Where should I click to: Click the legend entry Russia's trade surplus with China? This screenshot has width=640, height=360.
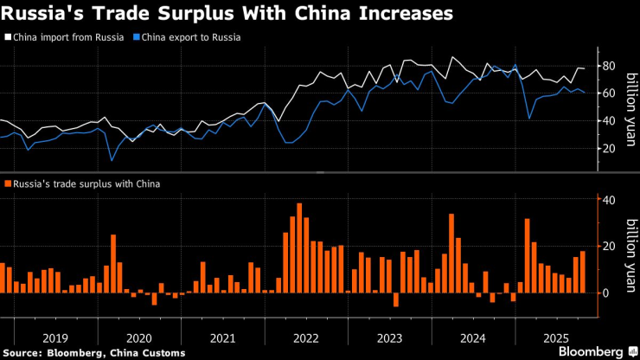click(x=86, y=183)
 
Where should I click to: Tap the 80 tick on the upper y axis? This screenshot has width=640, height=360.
click(x=608, y=66)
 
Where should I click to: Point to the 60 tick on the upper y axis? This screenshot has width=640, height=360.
click(x=608, y=93)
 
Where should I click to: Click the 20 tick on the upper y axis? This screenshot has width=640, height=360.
click(x=608, y=148)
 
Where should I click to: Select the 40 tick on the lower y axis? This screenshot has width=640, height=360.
click(x=608, y=200)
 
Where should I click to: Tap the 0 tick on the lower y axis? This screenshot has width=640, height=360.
click(x=605, y=292)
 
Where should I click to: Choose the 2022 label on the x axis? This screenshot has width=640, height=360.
click(x=307, y=337)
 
